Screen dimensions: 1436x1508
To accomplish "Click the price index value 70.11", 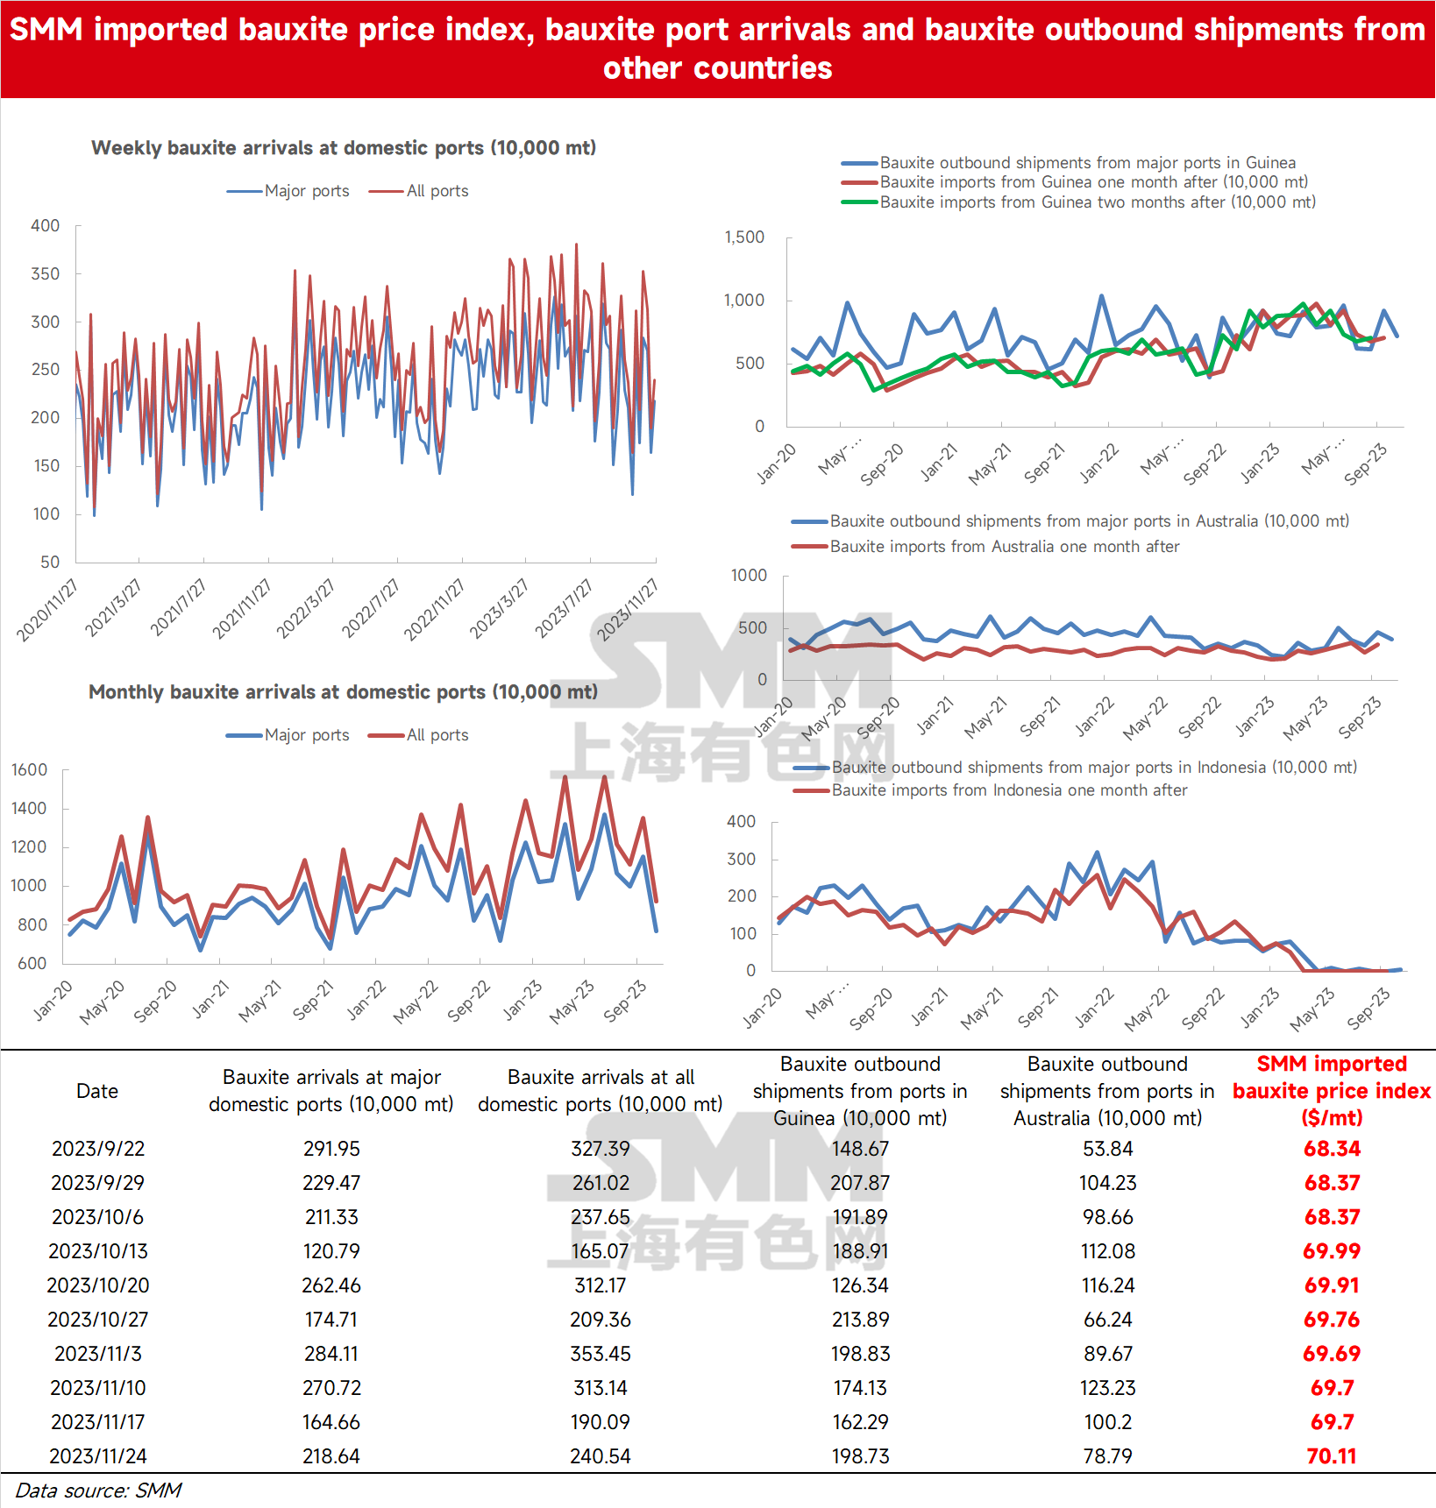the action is (1331, 1456).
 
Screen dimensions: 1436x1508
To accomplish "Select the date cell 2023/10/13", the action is (98, 1251).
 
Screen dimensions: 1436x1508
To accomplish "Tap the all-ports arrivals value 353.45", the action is (601, 1354).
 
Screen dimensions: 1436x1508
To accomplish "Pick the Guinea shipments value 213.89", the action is (860, 1320).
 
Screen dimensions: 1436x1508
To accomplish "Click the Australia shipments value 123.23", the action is (1107, 1388).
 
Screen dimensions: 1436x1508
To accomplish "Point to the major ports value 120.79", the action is (331, 1251).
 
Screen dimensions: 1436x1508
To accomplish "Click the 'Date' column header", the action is (97, 1091).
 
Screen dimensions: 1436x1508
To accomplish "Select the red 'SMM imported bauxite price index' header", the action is (1332, 1091).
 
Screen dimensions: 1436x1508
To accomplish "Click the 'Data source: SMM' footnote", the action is (98, 1490).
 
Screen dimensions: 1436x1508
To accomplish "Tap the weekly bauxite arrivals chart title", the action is (344, 148).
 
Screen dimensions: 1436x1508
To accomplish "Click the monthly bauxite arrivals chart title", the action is (343, 692).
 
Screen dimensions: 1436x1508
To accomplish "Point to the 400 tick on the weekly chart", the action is (46, 226).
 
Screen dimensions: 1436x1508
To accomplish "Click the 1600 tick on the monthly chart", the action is (29, 770).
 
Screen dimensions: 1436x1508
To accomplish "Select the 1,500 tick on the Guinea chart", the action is (744, 237).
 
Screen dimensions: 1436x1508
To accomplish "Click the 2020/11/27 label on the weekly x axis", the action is (47, 610).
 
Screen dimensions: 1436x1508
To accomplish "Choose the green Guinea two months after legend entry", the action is (1078, 202).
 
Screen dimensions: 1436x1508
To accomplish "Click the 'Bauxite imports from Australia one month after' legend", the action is (985, 547).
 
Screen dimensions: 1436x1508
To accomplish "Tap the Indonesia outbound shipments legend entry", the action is (1075, 768).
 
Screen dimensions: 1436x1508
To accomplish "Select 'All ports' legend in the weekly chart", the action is (419, 191).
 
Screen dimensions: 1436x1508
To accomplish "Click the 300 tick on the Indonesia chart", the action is (741, 860).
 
